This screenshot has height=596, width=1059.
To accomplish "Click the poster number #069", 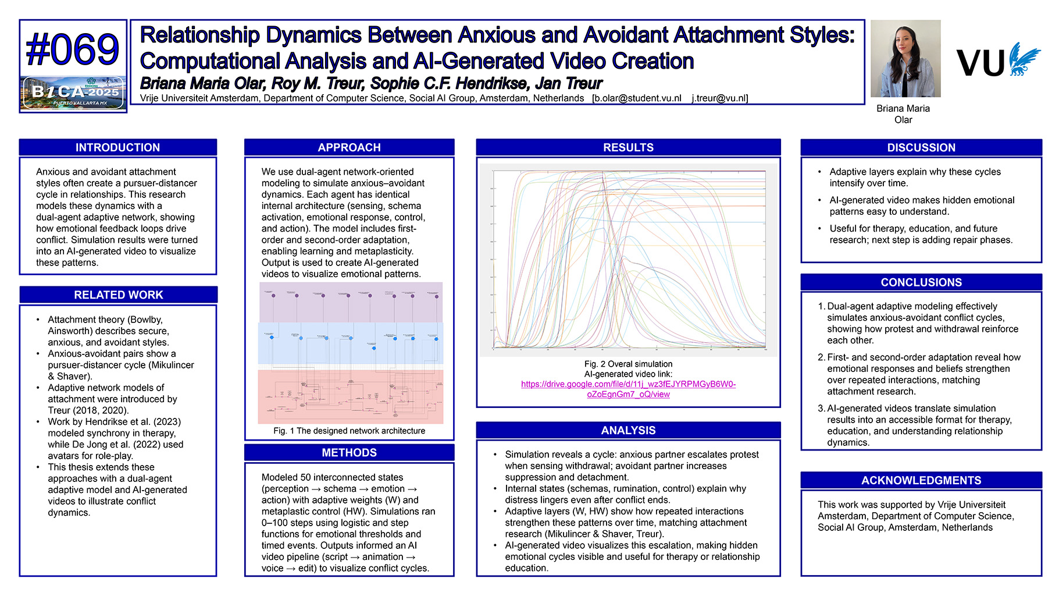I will tap(73, 49).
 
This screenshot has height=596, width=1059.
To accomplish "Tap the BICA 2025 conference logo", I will tap(73, 93).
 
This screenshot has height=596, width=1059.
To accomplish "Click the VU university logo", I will tap(998, 61).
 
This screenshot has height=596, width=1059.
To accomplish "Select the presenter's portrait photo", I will tap(905, 59).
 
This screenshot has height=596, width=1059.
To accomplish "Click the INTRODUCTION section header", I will tap(117, 147).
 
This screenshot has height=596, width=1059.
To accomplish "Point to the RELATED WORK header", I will tap(118, 295).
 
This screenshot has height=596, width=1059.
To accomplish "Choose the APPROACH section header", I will tap(349, 147).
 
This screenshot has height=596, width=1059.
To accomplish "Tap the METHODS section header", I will tap(349, 452).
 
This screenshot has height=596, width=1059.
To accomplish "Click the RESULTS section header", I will tap(628, 147).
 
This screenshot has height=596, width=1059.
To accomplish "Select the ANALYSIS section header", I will tap(628, 430).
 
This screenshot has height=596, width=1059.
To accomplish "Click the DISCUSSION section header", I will tap(921, 147).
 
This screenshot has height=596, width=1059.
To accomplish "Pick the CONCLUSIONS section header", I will tap(921, 282).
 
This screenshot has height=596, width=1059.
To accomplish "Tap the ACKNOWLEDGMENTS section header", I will tap(921, 480).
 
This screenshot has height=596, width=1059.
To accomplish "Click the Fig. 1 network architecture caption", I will tap(349, 431).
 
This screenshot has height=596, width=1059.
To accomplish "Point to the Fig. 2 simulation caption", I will tap(628, 364).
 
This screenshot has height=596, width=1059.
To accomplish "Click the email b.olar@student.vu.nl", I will tap(637, 98).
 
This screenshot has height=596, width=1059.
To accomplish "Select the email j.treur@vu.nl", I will tap(719, 98).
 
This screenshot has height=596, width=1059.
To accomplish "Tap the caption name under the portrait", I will tap(903, 114).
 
